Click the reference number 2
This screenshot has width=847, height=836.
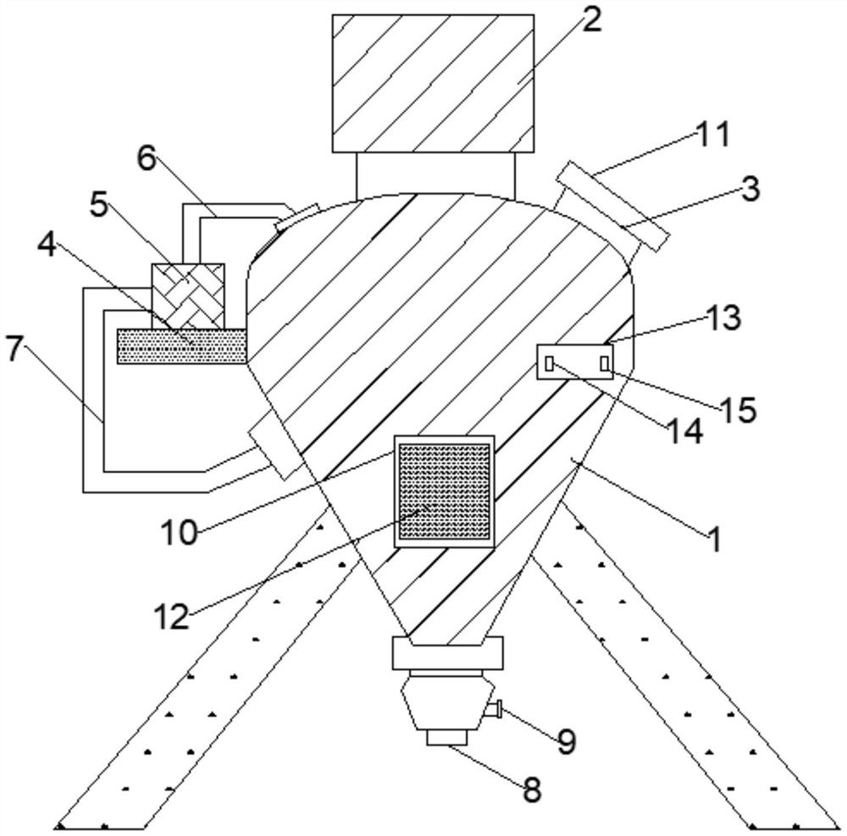[x=590, y=20]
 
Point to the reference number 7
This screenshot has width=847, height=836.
[x=14, y=349]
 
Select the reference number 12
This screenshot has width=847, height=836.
[x=172, y=616]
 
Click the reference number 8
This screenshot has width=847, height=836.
[x=530, y=790]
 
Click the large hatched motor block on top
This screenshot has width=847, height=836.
[x=433, y=83]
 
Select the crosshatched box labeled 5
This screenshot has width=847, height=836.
[x=187, y=295]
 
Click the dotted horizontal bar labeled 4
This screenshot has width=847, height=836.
[x=181, y=346]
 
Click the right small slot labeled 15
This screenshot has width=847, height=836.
[x=604, y=363]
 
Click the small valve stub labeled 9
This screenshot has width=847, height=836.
[x=497, y=709]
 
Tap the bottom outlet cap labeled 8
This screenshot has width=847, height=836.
[x=447, y=738]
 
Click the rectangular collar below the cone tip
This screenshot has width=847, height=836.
[x=447, y=652]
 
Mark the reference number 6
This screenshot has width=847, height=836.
[x=147, y=158]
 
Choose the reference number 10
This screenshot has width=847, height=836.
[x=180, y=533]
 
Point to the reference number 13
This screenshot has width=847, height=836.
[x=722, y=320]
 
